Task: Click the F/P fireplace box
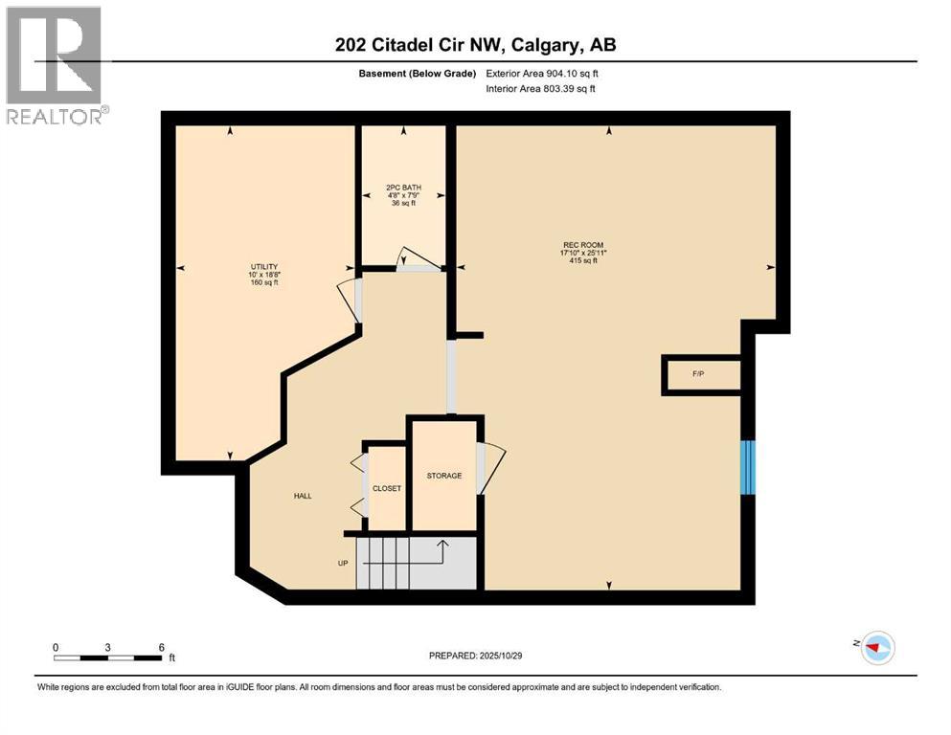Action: [x=699, y=373]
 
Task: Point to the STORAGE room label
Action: [x=444, y=476]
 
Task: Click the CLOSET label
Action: [x=387, y=488]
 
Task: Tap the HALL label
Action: [x=303, y=496]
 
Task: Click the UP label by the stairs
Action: [x=342, y=563]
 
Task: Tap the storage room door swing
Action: [x=490, y=469]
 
